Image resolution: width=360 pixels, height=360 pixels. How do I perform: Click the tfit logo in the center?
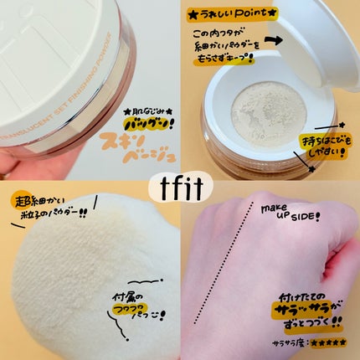[180, 181]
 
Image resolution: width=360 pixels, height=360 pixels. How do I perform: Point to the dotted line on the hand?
[229, 276]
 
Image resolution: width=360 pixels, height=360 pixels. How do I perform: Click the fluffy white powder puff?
[75, 285]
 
